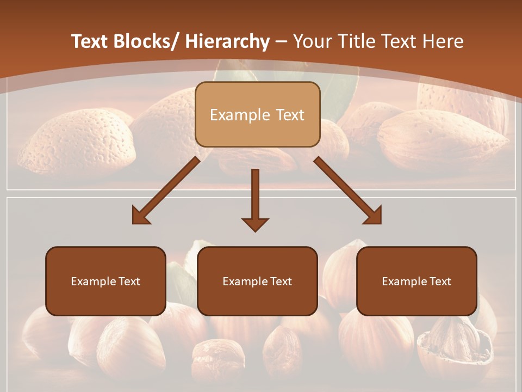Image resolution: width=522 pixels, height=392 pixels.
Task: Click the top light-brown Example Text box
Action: (257, 114)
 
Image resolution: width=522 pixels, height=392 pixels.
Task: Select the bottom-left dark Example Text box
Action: (105, 281)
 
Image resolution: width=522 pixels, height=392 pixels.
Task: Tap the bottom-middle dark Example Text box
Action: (257, 281)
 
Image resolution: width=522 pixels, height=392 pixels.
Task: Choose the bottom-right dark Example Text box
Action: (417, 281)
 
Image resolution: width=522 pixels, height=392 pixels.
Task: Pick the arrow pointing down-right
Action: (348, 191)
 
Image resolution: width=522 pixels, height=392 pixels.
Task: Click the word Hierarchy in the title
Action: (227, 42)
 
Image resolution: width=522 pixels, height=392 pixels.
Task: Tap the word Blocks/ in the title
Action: (144, 42)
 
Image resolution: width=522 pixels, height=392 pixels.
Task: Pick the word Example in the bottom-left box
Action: (90, 281)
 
